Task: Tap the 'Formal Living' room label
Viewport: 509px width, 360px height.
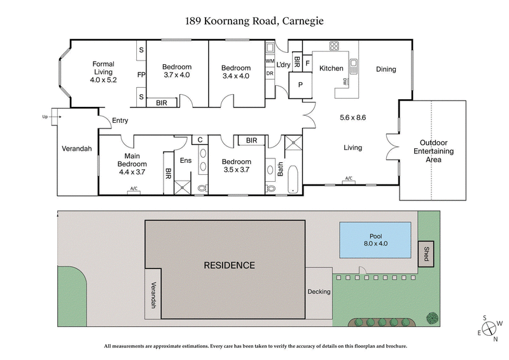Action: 103,72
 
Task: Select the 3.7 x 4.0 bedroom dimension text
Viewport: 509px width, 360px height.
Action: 176,75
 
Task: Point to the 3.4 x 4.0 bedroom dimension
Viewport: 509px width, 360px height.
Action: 235,75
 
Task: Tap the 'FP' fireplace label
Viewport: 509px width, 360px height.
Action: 141,74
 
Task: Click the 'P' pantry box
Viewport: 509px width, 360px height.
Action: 298,84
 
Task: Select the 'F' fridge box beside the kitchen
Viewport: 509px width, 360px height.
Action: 307,64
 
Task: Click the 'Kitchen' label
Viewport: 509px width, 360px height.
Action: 331,69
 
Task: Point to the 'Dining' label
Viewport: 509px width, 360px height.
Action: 386,69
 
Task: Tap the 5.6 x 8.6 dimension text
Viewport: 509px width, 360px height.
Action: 353,118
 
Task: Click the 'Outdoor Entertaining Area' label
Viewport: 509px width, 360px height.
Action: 433,151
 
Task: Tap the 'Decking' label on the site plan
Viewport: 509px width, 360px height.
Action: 319,292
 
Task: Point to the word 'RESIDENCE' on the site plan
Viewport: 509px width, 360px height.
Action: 229,265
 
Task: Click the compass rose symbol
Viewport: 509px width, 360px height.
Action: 490,329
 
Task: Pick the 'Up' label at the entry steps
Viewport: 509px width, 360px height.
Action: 45,117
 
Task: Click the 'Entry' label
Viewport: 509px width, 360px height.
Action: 120,121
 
